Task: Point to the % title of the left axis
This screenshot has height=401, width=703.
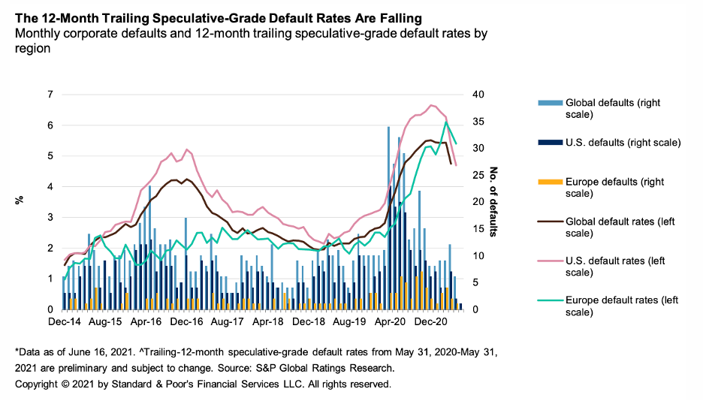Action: pyautogui.click(x=20, y=201)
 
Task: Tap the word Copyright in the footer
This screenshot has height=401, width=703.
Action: pyautogui.click(x=38, y=384)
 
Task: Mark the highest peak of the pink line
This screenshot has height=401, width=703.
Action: pyautogui.click(x=432, y=105)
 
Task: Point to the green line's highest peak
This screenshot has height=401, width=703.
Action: pyautogui.click(x=446, y=122)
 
